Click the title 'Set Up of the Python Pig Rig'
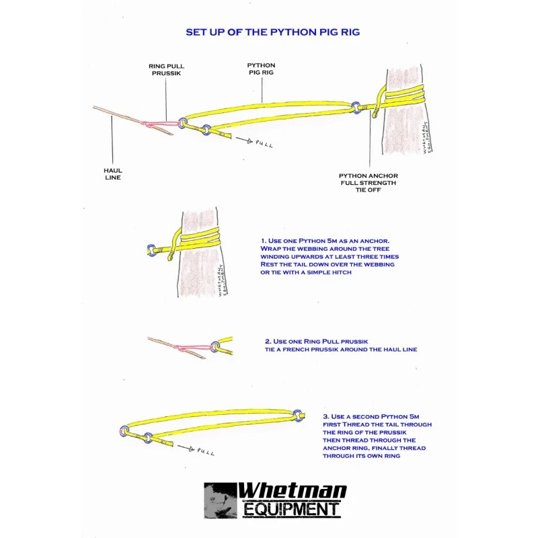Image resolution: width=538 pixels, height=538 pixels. pos(273,32)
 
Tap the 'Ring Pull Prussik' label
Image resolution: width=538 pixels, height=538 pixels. pos(166,69)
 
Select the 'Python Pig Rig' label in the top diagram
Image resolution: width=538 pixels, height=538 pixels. pos(261,69)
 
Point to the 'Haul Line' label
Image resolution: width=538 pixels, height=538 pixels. pos(113,174)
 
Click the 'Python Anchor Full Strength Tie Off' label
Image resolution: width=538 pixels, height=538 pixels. pos(368,182)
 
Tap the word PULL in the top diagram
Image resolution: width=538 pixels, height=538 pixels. pos(264,144)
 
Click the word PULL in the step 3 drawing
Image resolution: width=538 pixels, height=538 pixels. pos(206,451)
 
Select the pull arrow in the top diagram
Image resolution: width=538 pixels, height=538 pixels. pos(244,140)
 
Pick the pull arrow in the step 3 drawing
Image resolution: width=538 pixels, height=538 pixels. pos(186,448)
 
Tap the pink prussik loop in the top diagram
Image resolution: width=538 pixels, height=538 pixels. pos(161,123)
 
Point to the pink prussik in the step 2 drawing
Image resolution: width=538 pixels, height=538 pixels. pos(193,348)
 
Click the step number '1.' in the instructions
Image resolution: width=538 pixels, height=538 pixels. pos(263,241)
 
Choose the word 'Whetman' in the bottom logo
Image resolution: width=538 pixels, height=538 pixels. pos(292,491)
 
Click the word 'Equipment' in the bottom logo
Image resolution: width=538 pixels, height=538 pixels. pos(291,509)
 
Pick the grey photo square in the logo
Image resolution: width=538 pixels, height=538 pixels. pos(221,500)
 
